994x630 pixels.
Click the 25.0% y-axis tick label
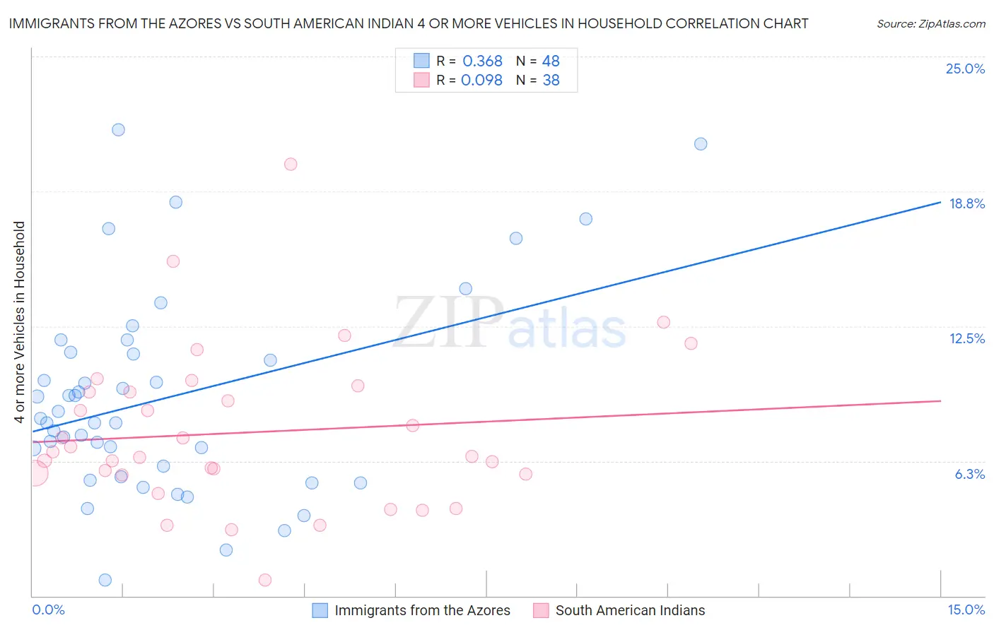(x=965, y=69)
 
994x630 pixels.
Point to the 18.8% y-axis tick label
(x=966, y=203)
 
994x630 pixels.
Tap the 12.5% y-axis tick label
(x=966, y=338)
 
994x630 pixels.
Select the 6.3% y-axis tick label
(x=969, y=474)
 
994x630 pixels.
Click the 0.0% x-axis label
(x=48, y=610)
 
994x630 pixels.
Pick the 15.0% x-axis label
(x=966, y=610)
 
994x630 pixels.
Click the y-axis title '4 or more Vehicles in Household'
(x=20, y=322)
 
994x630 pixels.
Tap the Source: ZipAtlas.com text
(x=930, y=24)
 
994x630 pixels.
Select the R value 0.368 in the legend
(x=482, y=61)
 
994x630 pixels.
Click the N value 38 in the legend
(x=551, y=81)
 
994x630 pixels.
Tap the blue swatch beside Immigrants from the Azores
(x=320, y=610)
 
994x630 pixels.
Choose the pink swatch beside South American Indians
(x=541, y=610)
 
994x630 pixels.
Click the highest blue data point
(x=118, y=130)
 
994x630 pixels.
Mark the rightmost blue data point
(x=701, y=144)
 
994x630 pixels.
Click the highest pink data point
(x=291, y=165)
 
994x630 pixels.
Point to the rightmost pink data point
(x=691, y=343)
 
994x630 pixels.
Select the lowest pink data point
(x=265, y=580)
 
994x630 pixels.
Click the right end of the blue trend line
(x=940, y=202)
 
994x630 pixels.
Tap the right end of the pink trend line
(x=940, y=400)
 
